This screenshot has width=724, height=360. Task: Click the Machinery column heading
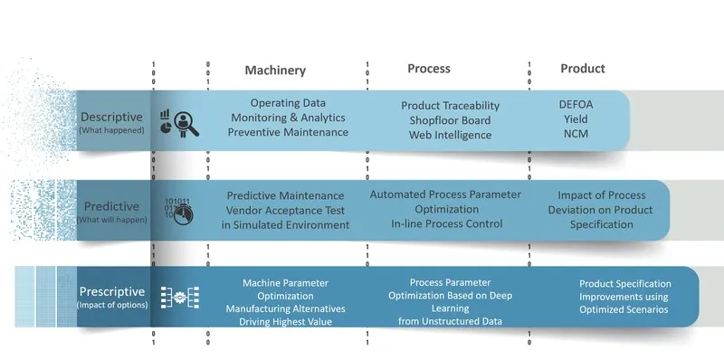[x=275, y=71]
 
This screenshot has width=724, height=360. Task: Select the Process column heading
[x=428, y=69]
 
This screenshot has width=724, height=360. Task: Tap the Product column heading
[x=582, y=69]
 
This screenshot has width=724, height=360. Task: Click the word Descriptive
[x=111, y=117]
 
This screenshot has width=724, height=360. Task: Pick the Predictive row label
[x=110, y=205]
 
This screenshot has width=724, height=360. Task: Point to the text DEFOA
[x=576, y=104]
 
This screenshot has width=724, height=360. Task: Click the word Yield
[x=576, y=118]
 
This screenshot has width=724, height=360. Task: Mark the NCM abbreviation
[x=576, y=134]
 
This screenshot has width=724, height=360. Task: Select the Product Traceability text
[x=450, y=106]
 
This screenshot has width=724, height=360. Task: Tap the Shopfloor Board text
[x=450, y=120]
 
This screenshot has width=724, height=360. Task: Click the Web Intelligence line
[x=450, y=135]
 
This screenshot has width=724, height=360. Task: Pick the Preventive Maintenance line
[x=288, y=132]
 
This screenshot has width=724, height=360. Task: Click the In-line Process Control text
[x=446, y=223]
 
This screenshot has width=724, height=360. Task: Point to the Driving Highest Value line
[x=285, y=322]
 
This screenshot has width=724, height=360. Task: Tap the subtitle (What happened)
[x=110, y=131]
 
